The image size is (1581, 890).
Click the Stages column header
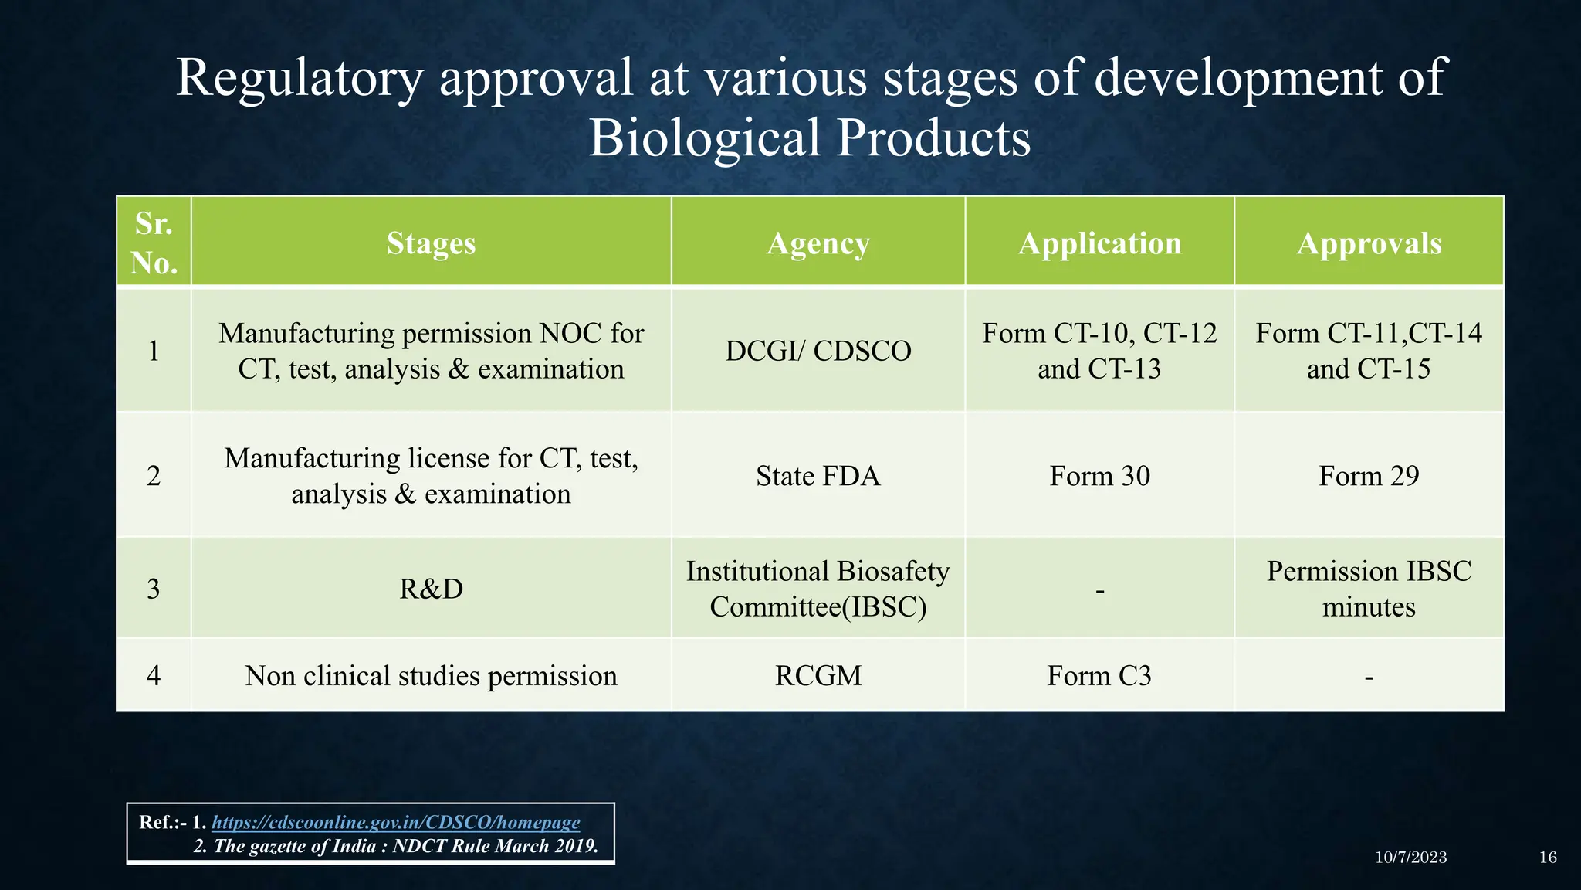tap(431, 243)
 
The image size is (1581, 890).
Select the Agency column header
tap(818, 243)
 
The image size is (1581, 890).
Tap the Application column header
tap(1099, 243)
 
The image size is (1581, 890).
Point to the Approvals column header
tap(1369, 243)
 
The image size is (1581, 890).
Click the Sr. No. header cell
tap(154, 243)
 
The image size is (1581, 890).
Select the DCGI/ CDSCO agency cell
tap(818, 351)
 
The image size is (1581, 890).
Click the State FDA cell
tap(818, 475)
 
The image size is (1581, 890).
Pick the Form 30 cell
tap(1099, 475)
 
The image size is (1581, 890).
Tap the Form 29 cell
tap(1369, 475)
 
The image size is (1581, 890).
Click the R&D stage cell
tap(431, 589)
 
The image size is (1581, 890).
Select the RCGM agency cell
tap(818, 675)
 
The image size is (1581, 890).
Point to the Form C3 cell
tap(1099, 675)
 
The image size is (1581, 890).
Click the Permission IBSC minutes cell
tap(1369, 589)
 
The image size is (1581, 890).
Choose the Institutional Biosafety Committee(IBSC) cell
tap(818, 589)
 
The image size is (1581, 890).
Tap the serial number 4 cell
tap(154, 675)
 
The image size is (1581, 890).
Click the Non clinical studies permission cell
tap(431, 675)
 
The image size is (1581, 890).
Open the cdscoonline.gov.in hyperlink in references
tap(395, 822)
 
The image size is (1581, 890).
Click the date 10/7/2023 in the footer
tap(1410, 857)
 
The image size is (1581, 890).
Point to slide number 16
tap(1547, 857)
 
